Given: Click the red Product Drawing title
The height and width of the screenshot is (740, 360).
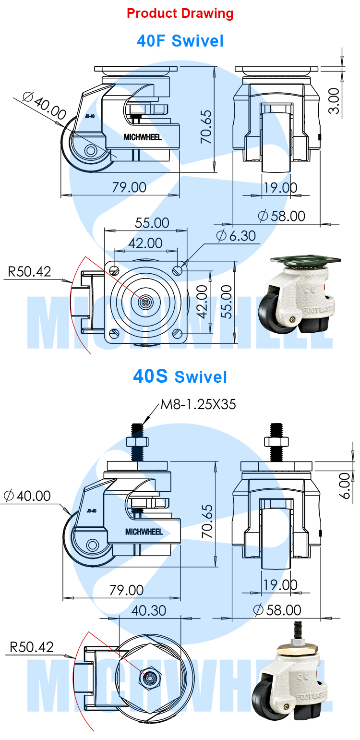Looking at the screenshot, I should pos(180,13).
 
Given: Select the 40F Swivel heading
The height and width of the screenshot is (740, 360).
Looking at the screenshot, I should pos(180,41).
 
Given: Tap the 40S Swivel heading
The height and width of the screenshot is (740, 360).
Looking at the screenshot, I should pos(180,376).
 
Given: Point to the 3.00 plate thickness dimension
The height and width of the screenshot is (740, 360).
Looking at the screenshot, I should pos(335,100).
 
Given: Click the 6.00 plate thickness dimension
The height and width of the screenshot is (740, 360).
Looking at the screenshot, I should pos(345,485).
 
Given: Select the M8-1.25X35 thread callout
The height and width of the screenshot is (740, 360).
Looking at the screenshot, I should pos(198,404).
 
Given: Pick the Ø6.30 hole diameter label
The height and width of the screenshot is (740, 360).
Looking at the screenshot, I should pos(236,236).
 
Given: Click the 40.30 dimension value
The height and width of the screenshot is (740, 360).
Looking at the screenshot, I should pos(148,610).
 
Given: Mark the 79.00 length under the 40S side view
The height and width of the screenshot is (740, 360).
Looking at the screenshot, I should pos(128,590).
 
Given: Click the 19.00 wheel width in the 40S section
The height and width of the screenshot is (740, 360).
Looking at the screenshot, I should pos(280,585).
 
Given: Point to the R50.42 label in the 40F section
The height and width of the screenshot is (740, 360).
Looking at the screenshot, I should pos(29,272).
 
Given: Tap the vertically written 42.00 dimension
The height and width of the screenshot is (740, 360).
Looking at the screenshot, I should pos(203,302).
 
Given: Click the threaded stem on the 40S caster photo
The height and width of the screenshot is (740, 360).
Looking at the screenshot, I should pos(297,628).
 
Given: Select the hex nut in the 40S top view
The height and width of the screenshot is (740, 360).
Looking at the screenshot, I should pos(147,677).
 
